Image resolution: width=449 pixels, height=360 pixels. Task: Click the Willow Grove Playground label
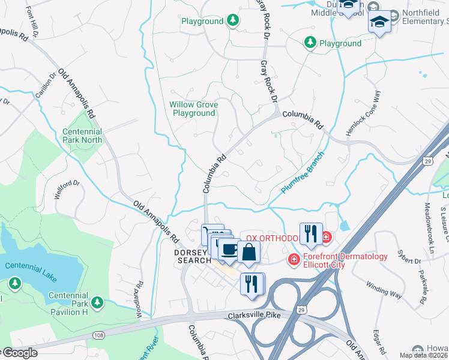click(x=193, y=109)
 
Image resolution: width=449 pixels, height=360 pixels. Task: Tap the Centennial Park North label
click(x=82, y=136)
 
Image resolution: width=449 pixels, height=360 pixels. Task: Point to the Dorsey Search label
click(x=193, y=256)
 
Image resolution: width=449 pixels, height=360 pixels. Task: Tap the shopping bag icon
click(x=249, y=253)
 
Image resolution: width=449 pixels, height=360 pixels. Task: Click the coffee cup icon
click(x=229, y=249)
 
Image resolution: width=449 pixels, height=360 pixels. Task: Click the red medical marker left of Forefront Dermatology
click(x=294, y=259)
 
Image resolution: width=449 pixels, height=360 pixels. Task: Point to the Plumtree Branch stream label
click(x=303, y=172)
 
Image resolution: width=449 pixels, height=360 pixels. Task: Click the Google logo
click(x=19, y=353)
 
